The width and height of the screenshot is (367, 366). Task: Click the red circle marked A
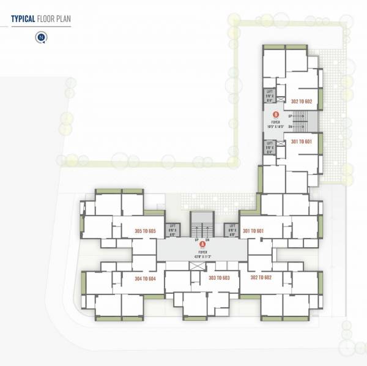202,244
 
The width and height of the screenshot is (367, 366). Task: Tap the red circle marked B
276,114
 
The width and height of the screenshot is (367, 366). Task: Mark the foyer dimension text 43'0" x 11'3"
202,255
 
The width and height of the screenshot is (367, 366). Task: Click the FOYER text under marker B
275,121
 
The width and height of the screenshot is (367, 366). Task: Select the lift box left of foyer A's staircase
172,230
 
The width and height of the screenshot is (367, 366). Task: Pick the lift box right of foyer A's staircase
232,230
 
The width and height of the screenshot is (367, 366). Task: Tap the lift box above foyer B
269,95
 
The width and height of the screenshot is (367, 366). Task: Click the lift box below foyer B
269,147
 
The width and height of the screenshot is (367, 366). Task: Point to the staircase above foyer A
202,225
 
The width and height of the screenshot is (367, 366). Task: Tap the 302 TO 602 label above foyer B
302,102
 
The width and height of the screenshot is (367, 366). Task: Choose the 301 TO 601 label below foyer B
302,142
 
